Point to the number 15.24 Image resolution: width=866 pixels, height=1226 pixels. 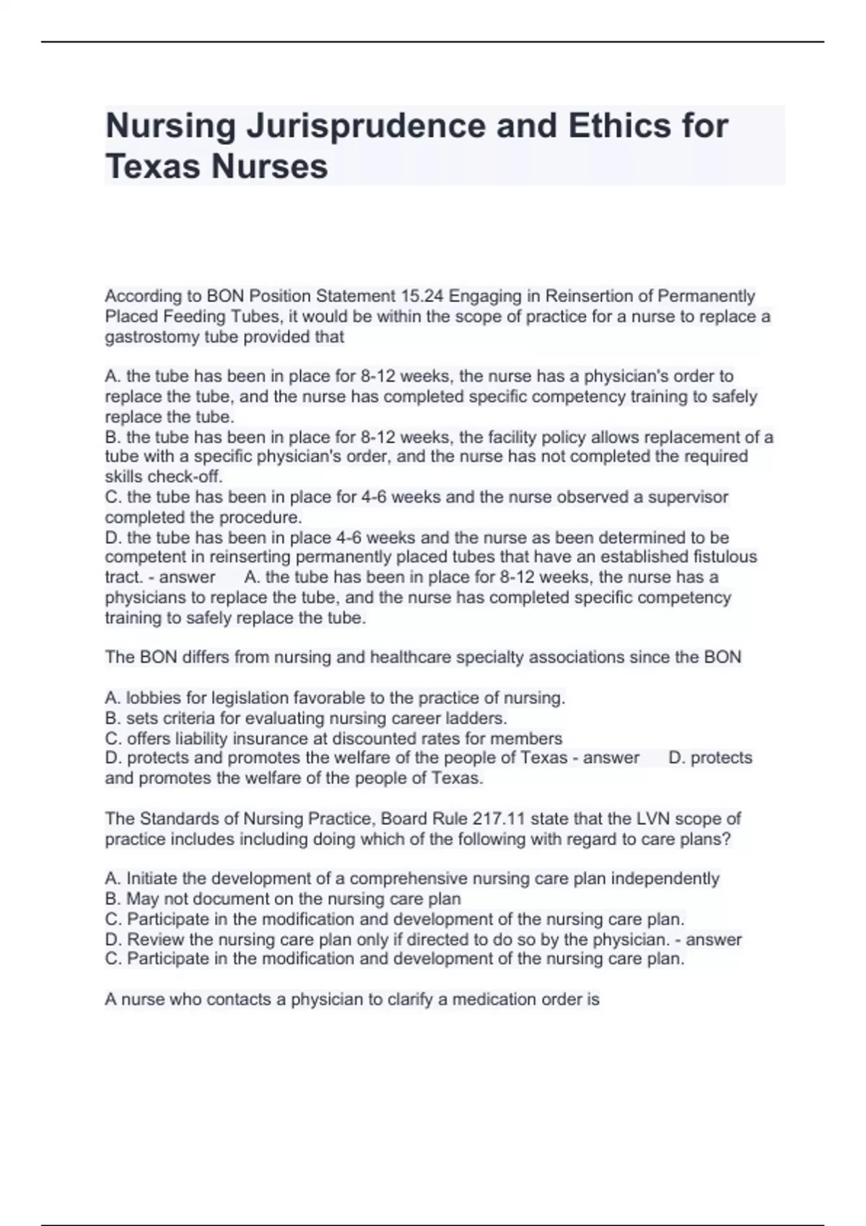(422, 296)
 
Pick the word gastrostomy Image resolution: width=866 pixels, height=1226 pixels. (149, 337)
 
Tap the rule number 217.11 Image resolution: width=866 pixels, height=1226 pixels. (497, 819)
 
